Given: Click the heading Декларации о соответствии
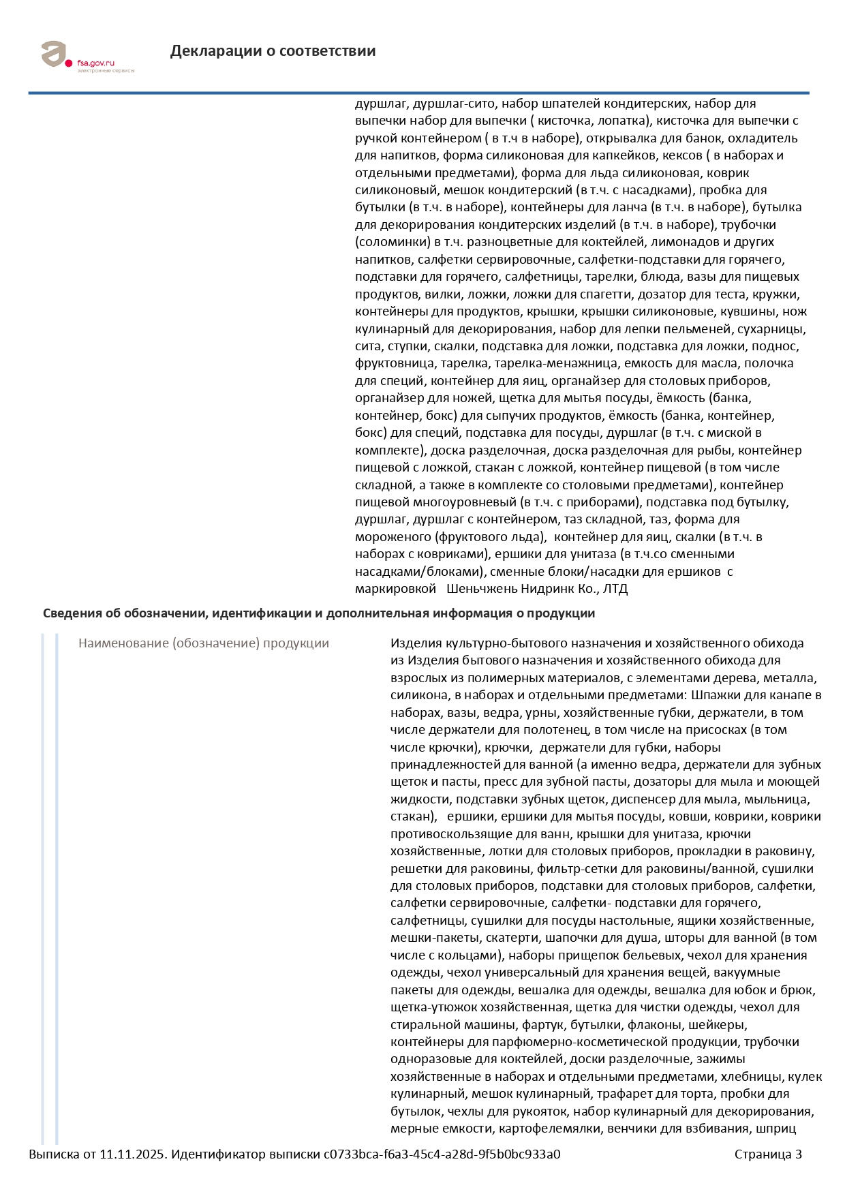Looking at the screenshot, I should click(273, 51).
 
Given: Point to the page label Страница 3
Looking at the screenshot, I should click(768, 1154).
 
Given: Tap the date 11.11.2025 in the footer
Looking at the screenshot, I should click(132, 1154).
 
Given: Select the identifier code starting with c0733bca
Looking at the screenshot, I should click(442, 1154).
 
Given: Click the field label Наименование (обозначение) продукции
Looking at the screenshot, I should click(203, 643).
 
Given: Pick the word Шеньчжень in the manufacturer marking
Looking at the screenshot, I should click(481, 589).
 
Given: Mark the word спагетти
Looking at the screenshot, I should click(609, 294).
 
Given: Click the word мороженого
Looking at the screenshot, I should click(393, 537).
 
